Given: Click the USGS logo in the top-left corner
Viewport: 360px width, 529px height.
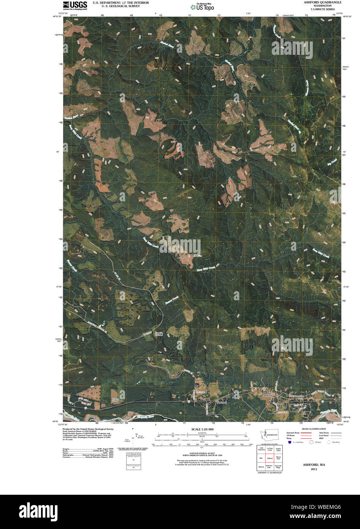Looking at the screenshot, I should (75, 5).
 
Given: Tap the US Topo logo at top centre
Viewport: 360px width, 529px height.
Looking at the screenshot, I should (202, 6).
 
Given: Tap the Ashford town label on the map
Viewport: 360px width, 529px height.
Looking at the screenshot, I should (268, 396).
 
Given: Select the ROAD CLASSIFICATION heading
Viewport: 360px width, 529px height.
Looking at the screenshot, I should (315, 429).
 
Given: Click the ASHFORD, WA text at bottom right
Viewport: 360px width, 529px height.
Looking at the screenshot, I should (314, 465).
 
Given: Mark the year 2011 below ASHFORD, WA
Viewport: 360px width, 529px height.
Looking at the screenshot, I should (314, 469).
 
